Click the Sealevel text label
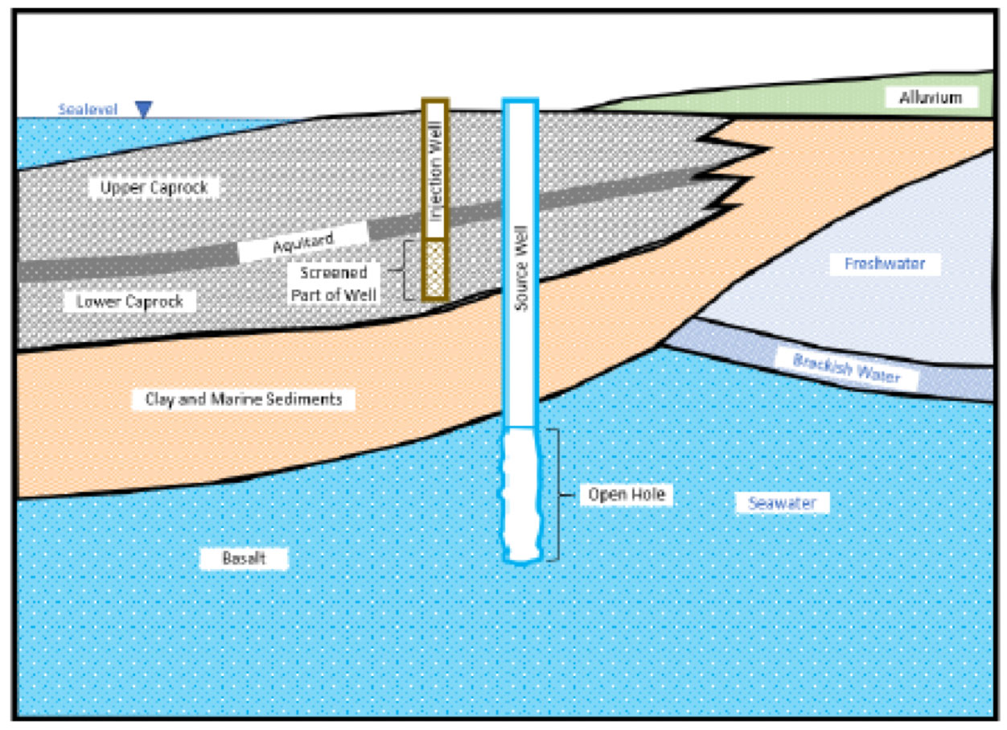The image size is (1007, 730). click(x=89, y=109)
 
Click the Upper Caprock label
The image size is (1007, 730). click(x=154, y=188)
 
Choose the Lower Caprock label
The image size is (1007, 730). click(x=130, y=302)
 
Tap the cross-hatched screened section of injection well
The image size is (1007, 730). click(x=434, y=270)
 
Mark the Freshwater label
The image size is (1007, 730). click(x=885, y=264)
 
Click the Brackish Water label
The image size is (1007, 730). click(x=846, y=369)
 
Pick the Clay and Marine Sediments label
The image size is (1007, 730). click(x=244, y=399)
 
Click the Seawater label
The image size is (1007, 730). click(x=783, y=504)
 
